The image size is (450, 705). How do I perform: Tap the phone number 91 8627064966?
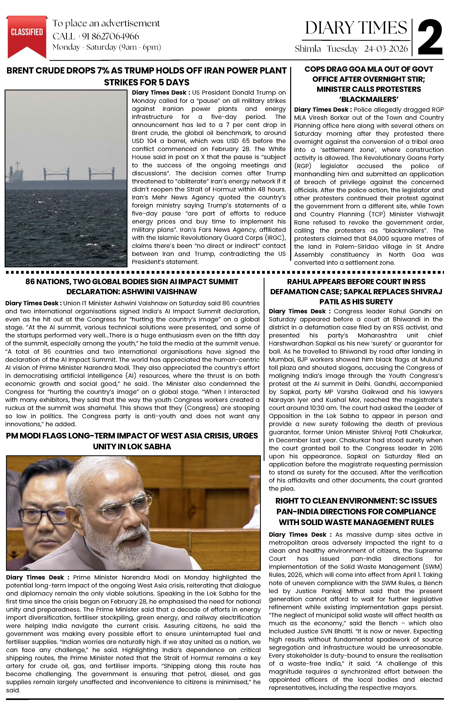click(x=110, y=36)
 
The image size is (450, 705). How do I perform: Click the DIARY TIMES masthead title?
click(x=356, y=28)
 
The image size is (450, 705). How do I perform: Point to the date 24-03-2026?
click(x=386, y=49)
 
